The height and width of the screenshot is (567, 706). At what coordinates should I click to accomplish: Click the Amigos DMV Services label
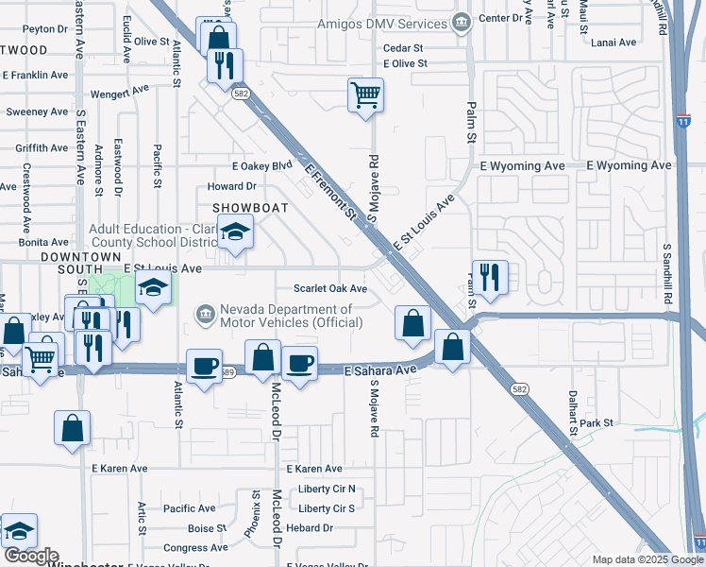[x=381, y=23]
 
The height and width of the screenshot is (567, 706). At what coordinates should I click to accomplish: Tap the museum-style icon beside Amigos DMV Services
[x=461, y=22]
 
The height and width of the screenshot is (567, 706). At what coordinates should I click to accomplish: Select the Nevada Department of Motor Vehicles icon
[x=204, y=314]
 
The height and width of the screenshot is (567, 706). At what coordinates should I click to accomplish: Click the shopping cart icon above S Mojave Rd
[x=365, y=94]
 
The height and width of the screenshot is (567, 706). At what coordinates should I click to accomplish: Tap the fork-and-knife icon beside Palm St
[x=489, y=277]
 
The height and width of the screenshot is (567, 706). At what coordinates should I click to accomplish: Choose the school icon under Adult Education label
[x=234, y=232]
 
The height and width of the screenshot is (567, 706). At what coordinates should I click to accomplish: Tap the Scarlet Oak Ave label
[x=329, y=289]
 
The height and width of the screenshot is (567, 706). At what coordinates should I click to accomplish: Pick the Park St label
[x=597, y=422]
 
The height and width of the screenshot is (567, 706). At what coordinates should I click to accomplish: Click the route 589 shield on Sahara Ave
[x=227, y=372]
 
